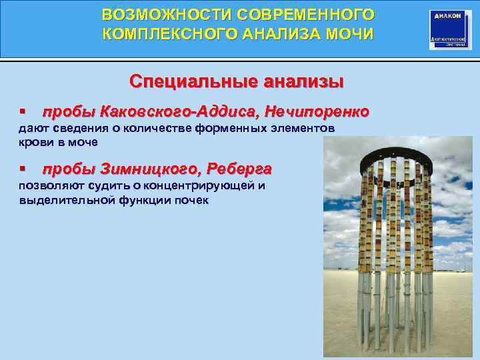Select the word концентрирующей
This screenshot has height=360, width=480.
point(200,185)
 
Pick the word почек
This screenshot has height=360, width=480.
point(192,200)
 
